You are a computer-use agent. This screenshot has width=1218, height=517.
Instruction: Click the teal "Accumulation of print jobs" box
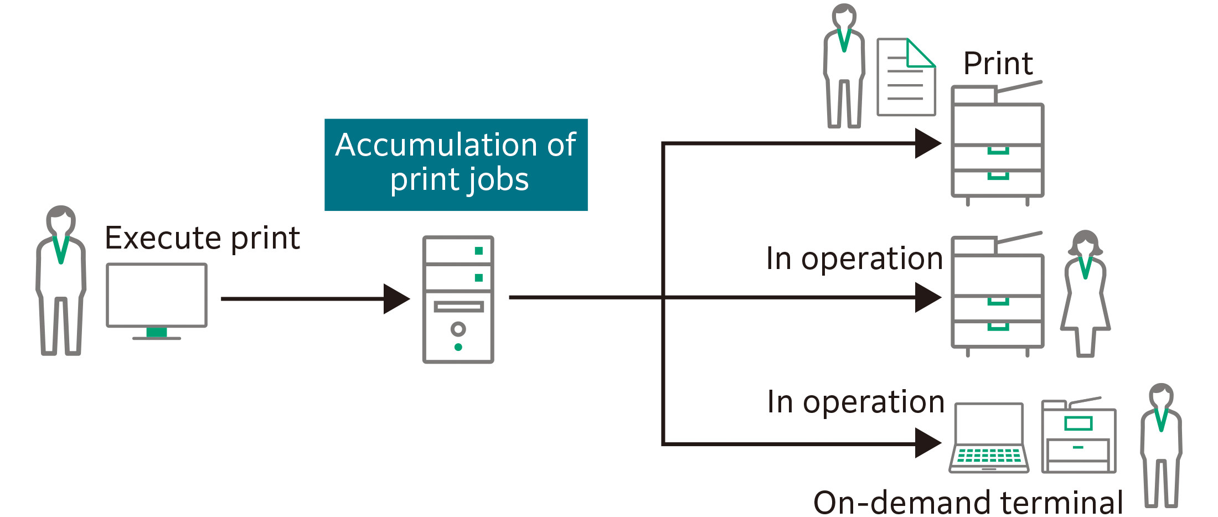pos(456,164)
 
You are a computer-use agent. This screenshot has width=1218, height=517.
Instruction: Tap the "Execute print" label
pos(202,238)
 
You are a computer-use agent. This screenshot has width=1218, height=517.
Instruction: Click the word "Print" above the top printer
pos(998,63)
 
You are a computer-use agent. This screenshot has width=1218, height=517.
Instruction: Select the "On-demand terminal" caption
pos(967,502)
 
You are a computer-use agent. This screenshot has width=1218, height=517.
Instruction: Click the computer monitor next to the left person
pos(157,295)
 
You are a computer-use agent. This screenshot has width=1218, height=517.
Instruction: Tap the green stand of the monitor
pos(157,332)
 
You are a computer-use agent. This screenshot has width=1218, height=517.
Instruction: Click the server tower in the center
pos(458,299)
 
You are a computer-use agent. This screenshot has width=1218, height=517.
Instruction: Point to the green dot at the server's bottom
pos(458,347)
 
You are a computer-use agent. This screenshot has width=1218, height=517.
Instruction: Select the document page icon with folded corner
pos(906,77)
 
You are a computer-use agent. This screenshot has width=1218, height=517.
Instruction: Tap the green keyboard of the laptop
pos(989,456)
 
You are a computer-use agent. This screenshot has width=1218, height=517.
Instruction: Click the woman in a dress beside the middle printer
pos(1085,293)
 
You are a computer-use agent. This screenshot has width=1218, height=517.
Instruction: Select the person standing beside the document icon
pos(844,66)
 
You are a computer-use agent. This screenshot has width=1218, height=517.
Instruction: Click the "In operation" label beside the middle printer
pos(854,258)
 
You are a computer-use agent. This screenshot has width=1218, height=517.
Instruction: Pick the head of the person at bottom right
pos(1160,396)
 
